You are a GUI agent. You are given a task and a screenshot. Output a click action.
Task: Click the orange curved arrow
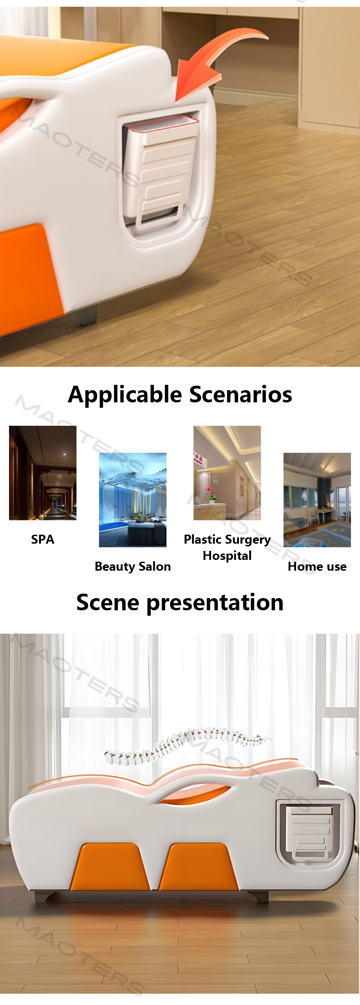[211, 63]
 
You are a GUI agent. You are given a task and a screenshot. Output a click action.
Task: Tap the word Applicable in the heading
[126, 395]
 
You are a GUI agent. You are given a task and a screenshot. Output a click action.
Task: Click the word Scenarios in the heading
[241, 394]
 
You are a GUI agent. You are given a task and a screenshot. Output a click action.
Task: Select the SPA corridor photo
[43, 473]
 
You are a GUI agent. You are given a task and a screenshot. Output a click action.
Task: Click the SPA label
[43, 539]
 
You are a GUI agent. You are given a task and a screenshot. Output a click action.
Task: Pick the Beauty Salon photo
[133, 500]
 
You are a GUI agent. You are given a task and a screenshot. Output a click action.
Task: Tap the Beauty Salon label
[133, 566]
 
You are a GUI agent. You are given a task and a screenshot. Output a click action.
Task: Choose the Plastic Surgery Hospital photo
[227, 473]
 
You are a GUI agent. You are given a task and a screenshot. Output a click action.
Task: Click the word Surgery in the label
[248, 540]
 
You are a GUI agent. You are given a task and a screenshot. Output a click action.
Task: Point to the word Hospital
[227, 556]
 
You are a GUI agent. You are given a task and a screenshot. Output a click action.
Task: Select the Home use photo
[317, 500]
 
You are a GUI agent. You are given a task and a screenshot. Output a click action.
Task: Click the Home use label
[317, 566]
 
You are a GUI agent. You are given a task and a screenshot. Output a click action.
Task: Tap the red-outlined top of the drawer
[163, 124]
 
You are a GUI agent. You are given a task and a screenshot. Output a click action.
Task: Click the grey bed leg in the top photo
[89, 315]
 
